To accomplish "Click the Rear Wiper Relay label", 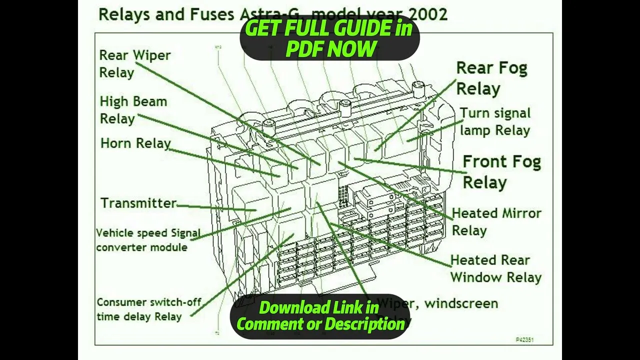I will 134,63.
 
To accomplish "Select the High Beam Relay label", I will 133,110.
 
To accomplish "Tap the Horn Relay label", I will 135,143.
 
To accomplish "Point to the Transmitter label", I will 138,203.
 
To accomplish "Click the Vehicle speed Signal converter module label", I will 148,240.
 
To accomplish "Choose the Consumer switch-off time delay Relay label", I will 148,309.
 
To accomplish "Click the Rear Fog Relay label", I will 491,78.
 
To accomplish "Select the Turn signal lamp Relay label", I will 495,121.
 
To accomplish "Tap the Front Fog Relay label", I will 501,171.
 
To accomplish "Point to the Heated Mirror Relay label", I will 496,221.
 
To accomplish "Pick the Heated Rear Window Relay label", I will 495,268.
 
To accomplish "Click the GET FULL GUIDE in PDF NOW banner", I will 329,39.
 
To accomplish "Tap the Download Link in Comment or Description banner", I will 320,316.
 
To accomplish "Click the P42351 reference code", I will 524,340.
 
